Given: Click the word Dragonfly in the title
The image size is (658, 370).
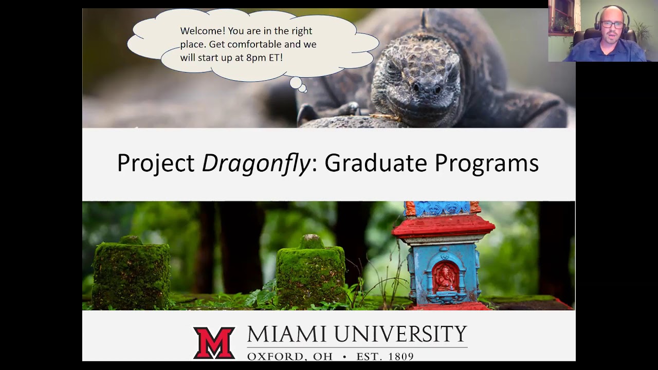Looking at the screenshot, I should pos(256,163).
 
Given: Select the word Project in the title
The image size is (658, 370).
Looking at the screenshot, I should pos(155,163).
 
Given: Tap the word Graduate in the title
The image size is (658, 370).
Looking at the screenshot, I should pos(376,163).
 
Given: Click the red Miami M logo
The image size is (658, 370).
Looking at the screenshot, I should pos(214,342).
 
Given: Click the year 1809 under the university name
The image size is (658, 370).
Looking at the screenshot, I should pos(400,356).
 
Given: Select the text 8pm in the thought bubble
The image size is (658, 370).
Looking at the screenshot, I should pos(256,58).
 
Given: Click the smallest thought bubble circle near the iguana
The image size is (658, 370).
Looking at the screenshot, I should pos(303,89).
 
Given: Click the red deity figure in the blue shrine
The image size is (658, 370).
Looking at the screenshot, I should pos(443,277).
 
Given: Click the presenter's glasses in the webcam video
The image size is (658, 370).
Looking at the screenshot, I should pos(612,25).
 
